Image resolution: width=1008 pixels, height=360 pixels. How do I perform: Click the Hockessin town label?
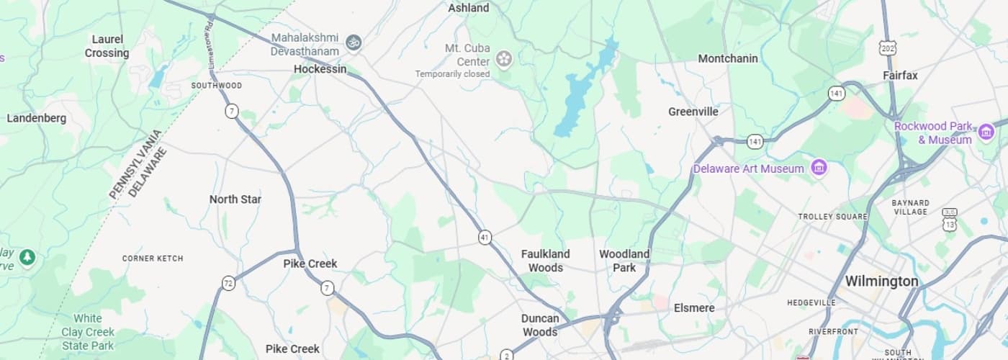click(320, 69)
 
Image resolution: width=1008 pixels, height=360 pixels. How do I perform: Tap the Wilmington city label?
click(881, 281)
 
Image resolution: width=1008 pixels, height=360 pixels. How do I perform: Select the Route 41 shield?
click(485, 237)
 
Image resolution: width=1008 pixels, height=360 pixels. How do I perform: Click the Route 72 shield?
click(228, 283)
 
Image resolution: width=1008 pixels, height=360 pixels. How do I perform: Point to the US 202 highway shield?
click(887, 48)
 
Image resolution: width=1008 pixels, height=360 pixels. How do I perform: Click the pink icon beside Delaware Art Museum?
click(818, 168)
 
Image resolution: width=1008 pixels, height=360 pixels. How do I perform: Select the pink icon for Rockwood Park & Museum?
click(986, 132)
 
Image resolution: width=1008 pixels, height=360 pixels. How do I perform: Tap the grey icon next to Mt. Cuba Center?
click(504, 58)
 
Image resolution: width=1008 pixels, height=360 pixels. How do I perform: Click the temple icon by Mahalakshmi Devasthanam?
click(353, 42)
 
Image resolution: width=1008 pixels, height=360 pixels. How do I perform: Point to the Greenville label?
click(693, 112)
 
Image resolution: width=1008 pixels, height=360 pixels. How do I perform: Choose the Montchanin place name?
click(728, 58)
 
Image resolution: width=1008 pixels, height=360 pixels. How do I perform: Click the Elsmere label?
click(694, 308)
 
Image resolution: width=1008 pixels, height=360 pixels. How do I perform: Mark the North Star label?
click(235, 199)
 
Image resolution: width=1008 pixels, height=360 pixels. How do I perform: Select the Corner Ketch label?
click(153, 258)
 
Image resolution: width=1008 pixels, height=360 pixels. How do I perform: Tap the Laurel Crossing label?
click(107, 46)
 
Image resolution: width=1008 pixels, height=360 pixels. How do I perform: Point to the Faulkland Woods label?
click(545, 261)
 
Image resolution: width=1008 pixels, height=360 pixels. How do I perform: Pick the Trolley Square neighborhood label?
click(833, 216)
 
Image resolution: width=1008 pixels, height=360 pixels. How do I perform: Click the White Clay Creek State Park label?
click(87, 332)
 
